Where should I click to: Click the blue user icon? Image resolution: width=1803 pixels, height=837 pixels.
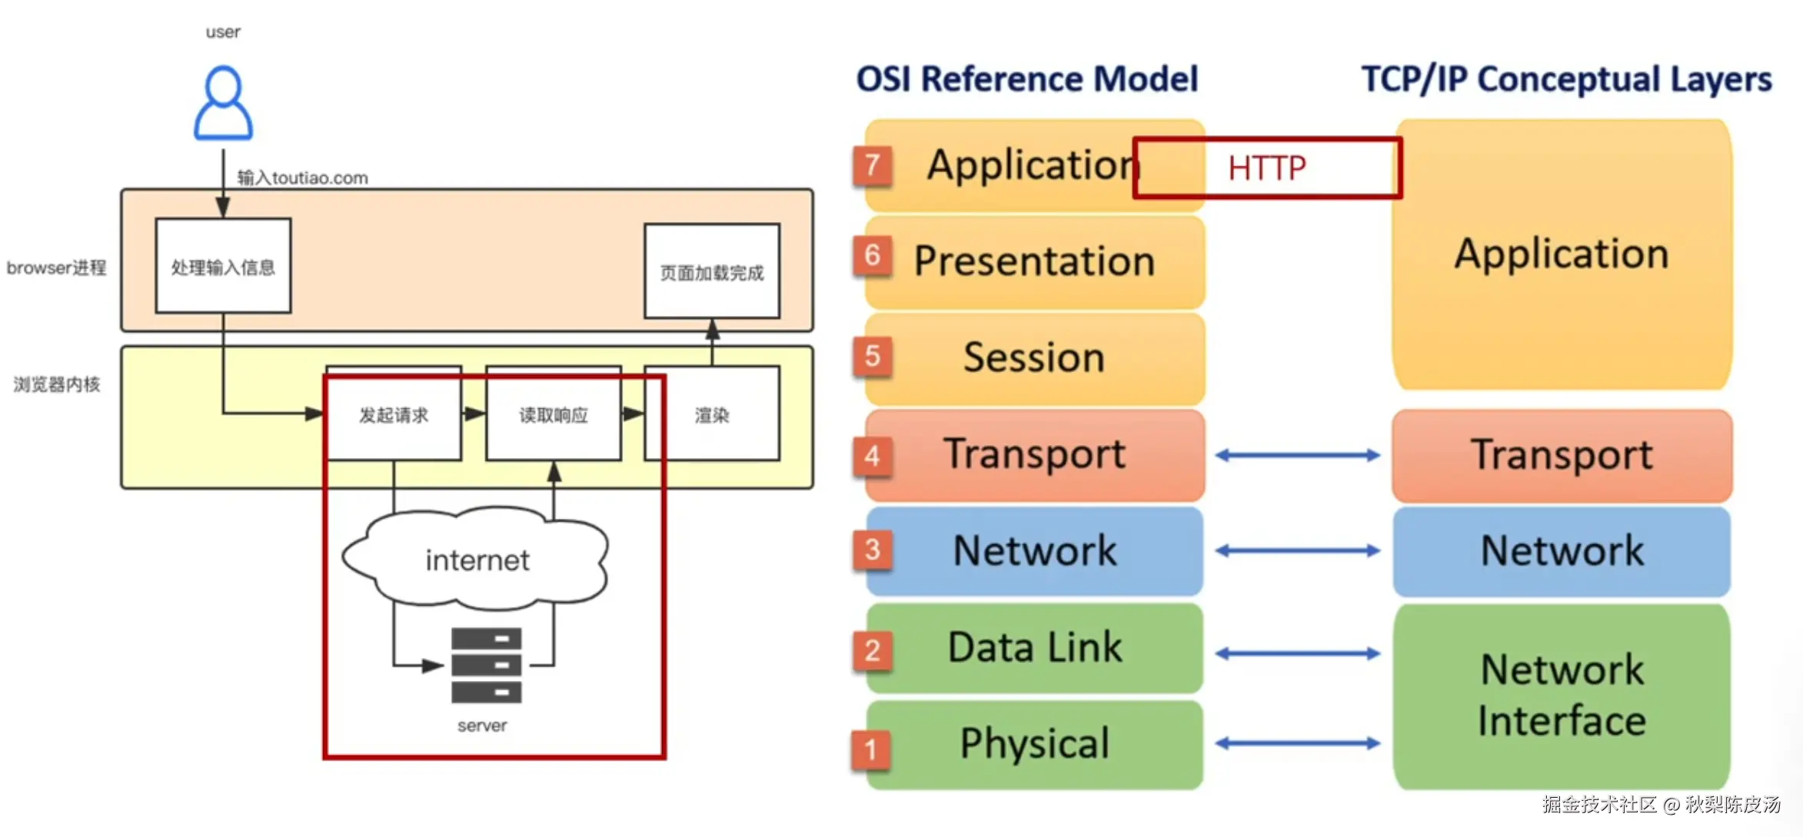click(x=223, y=103)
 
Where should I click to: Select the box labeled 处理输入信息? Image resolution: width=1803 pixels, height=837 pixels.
click(x=223, y=266)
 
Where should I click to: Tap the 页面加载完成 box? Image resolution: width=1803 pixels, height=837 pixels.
click(x=712, y=271)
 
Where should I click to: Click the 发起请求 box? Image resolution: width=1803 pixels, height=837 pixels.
click(x=394, y=414)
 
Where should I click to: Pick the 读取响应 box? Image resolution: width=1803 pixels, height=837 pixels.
click(x=554, y=414)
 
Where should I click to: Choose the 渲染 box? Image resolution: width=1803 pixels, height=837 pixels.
click(x=712, y=414)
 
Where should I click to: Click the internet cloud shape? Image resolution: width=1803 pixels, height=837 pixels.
click(x=477, y=559)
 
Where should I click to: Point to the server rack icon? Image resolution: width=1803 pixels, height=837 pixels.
click(x=486, y=665)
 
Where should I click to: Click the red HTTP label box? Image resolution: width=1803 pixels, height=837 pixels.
click(x=1267, y=168)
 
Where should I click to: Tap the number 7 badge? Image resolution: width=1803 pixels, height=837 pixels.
click(x=872, y=164)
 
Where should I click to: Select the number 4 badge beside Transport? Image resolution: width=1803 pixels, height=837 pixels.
click(x=872, y=456)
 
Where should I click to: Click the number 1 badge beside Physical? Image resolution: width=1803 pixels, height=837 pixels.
click(x=870, y=749)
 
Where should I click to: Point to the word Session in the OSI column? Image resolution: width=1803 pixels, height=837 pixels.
click(x=1034, y=357)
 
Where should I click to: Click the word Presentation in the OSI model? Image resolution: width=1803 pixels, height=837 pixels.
click(x=1034, y=261)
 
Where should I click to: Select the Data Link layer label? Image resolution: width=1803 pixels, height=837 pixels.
click(x=1034, y=647)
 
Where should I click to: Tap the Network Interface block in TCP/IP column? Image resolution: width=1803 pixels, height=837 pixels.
click(x=1562, y=696)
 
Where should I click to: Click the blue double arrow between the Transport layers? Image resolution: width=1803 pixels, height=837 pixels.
click(x=1298, y=455)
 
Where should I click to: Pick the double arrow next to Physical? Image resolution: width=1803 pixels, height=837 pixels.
click(x=1298, y=743)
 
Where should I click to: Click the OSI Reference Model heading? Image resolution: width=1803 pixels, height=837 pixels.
click(x=1027, y=79)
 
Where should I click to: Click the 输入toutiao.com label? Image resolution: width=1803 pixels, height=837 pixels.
click(x=302, y=178)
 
